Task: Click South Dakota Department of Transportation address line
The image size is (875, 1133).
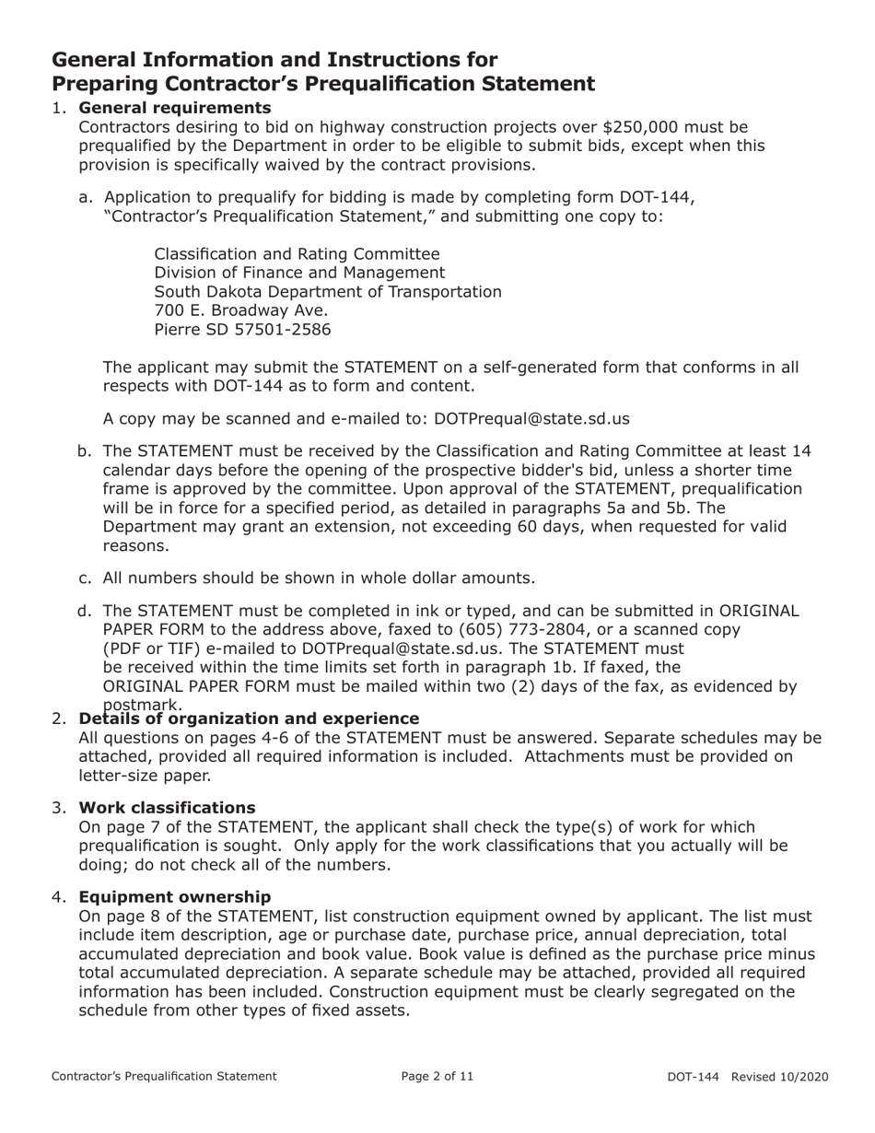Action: pos(327,291)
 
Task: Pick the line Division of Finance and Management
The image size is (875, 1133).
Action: pos(299,273)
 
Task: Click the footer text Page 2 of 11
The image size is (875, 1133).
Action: pos(437,1075)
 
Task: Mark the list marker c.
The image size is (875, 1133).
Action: pos(85,578)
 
